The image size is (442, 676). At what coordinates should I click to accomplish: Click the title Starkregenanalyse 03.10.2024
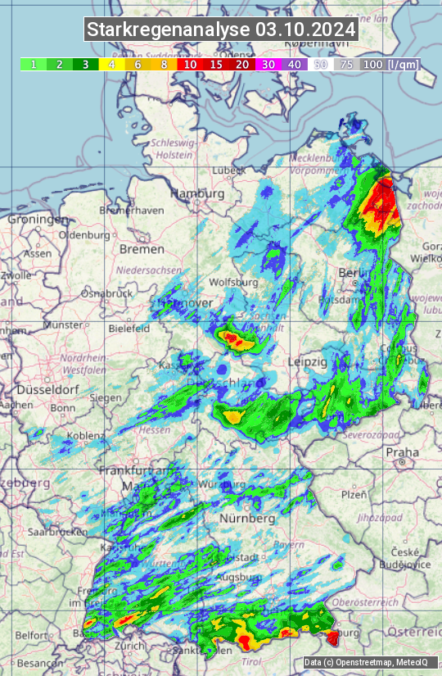point(221,30)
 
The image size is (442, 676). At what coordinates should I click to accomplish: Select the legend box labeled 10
point(190,64)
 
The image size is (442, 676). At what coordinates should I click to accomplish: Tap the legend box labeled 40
point(295,64)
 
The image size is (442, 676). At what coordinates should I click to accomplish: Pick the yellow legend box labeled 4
point(111,64)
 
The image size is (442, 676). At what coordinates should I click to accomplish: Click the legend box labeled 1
point(33,64)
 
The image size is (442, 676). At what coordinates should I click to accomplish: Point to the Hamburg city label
point(196,193)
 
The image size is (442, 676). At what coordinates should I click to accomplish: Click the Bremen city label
point(142,248)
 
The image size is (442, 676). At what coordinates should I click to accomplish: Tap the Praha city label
point(402,451)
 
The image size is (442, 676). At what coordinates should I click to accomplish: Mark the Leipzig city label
point(308,361)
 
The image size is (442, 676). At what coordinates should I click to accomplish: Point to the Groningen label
point(38,220)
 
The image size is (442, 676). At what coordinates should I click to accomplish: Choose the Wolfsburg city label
point(234,282)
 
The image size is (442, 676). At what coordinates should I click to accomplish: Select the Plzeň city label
point(354,494)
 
